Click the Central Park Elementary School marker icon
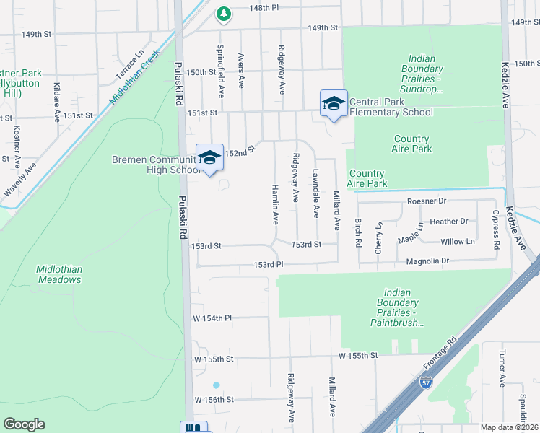point(334,103)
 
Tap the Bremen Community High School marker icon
point(209,158)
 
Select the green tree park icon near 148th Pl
point(224,13)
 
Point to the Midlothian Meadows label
point(59,274)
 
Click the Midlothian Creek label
point(134,79)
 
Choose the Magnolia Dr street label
point(427,261)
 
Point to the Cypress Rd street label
point(495,229)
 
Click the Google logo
point(24,424)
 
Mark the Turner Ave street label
point(502,367)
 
